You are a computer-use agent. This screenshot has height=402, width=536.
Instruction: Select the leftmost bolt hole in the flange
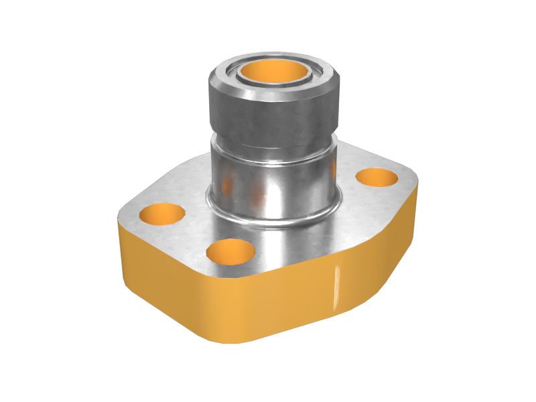[163, 214]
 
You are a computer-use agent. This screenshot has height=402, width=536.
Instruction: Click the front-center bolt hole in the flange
[231, 253]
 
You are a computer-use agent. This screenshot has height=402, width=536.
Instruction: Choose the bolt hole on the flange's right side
[377, 177]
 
